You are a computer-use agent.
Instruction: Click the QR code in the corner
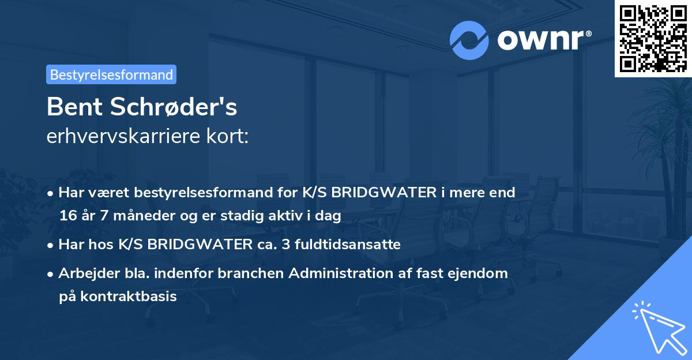[x=653, y=38]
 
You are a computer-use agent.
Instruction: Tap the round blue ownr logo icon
[x=469, y=40]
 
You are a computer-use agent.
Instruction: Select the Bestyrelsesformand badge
[x=111, y=74]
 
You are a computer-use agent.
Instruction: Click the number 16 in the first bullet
[x=67, y=216]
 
